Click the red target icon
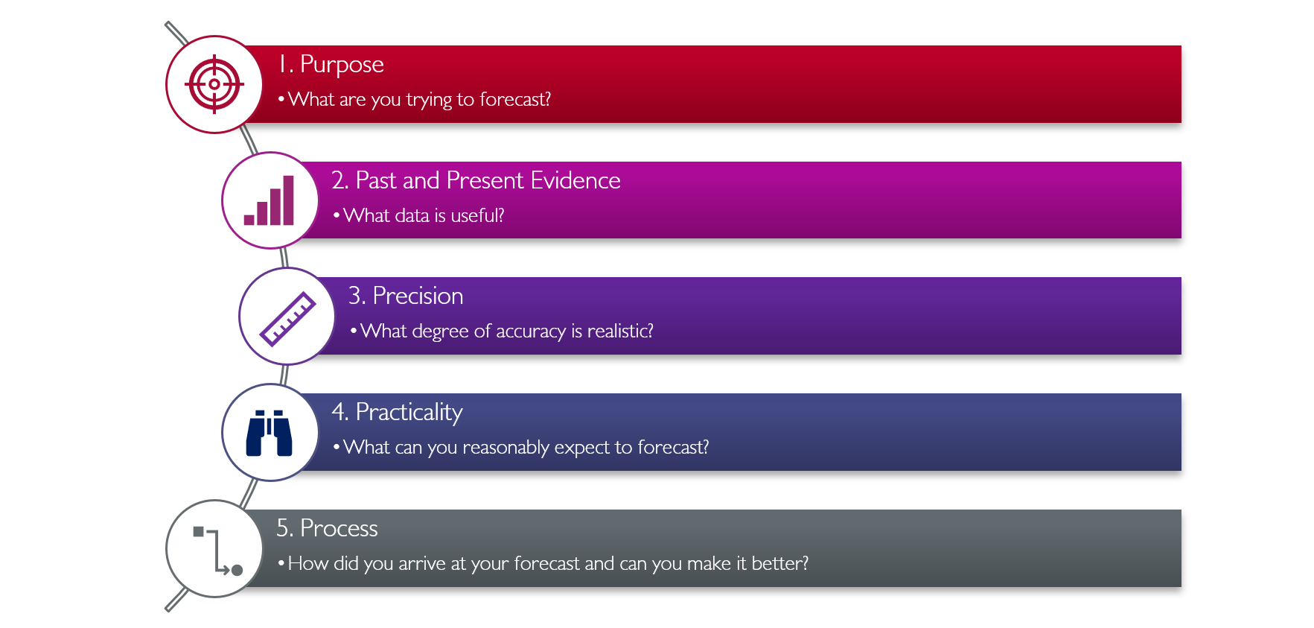click(214, 84)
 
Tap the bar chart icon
click(269, 200)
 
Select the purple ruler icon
click(287, 319)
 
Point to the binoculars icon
click(270, 433)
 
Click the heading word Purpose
click(342, 66)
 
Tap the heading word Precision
click(418, 296)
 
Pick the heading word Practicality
click(409, 413)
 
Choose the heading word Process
click(339, 528)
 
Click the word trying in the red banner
click(429, 101)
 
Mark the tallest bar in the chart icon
click(288, 200)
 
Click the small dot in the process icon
click(237, 570)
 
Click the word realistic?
click(620, 331)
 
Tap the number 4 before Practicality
click(339, 412)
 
